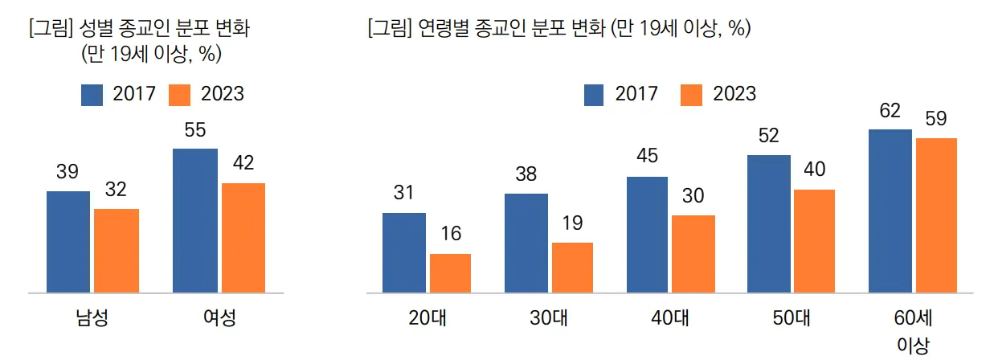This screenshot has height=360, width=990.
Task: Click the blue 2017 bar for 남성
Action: pyautogui.click(x=68, y=241)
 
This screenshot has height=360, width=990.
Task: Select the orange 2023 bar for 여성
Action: pyautogui.click(x=243, y=237)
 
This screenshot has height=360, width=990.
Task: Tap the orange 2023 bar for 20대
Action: pyautogui.click(x=450, y=272)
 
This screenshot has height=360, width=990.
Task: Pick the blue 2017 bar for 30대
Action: pyautogui.click(x=526, y=243)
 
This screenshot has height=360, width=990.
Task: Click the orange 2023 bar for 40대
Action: pyautogui.click(x=693, y=253)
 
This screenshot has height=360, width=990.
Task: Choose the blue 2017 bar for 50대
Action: pyautogui.click(x=769, y=223)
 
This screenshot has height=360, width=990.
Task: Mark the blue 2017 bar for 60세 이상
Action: pyautogui.click(x=890, y=211)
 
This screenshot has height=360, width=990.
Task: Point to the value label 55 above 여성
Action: pyautogui.click(x=195, y=129)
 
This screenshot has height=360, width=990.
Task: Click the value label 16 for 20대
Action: pyautogui.click(x=450, y=234)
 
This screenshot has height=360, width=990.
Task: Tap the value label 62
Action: pyautogui.click(x=890, y=110)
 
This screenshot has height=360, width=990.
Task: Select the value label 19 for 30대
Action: pyautogui.click(x=573, y=223)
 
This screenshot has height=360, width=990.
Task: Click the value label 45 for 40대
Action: pyautogui.click(x=648, y=157)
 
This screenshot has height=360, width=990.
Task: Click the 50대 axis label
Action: pyautogui.click(x=791, y=317)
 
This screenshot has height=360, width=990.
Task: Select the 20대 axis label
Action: pyautogui.click(x=427, y=317)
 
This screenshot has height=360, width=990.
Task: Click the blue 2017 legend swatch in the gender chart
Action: pyautogui.click(x=92, y=94)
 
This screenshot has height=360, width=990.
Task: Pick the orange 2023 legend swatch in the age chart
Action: pyautogui.click(x=692, y=94)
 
